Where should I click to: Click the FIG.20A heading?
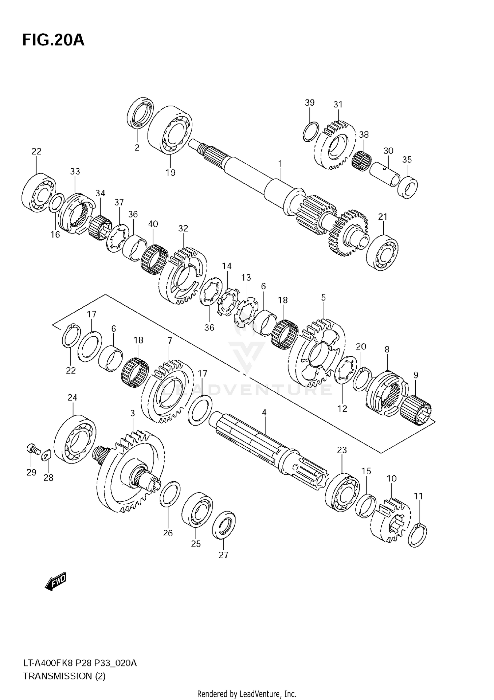tap(53, 40)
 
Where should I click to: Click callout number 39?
tap(310, 102)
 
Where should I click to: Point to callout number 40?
tap(153, 224)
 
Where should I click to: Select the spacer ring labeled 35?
tap(408, 187)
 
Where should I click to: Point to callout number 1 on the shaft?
tap(280, 163)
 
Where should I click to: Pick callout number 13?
tap(246, 277)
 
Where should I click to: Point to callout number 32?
tap(183, 228)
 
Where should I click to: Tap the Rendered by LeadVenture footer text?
tap(246, 693)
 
